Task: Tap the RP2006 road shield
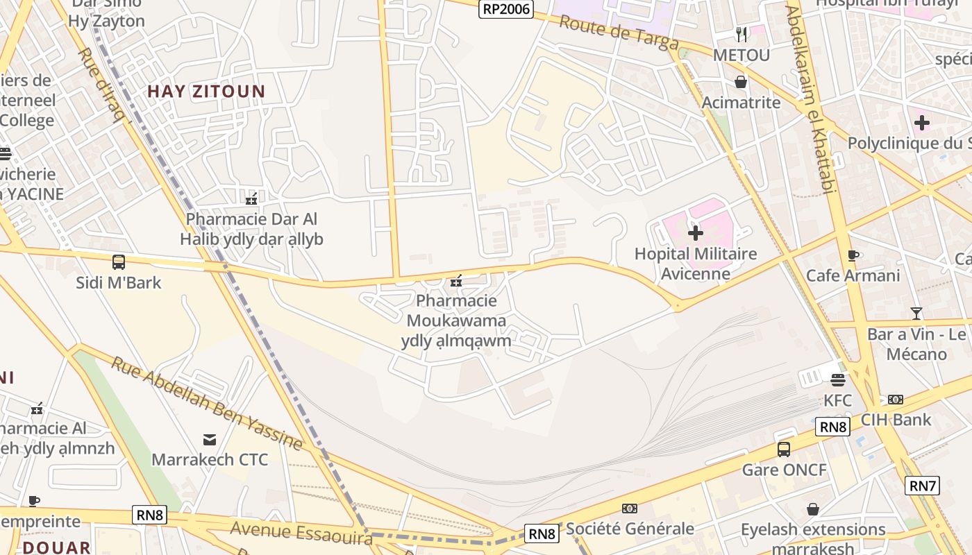[506, 9]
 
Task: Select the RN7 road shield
[923, 486]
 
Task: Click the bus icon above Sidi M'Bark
[119, 262]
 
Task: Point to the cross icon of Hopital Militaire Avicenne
[695, 233]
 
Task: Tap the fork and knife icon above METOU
[741, 34]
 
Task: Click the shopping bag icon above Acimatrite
[741, 82]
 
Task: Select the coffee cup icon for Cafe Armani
[853, 255]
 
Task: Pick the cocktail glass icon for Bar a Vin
[916, 313]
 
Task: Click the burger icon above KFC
[838, 379]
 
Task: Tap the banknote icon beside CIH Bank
[896, 400]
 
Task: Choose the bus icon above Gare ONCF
[784, 450]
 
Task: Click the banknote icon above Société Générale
[630, 509]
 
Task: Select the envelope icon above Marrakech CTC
[209, 439]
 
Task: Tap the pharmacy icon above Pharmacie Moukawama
[456, 281]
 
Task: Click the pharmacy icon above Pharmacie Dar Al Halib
[251, 199]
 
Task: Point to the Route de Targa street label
[619, 33]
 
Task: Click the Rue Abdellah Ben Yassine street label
[206, 403]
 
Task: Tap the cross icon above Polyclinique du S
[921, 123]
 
